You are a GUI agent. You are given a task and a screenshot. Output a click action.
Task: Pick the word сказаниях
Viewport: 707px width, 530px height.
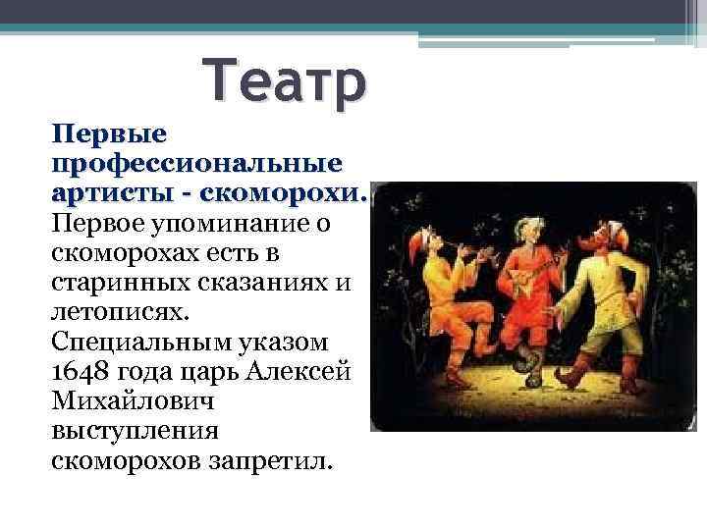(x=257, y=285)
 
